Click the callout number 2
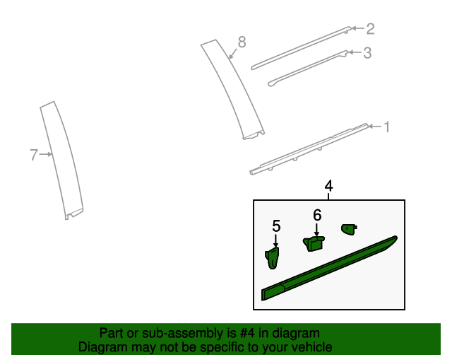pos(370,29)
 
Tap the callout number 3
pos(367,53)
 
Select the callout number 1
pos(387,127)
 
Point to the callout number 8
pos(242,42)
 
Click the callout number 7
pos(34,155)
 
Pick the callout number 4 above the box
pos(328,186)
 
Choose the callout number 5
pos(276,226)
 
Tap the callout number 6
pos(317,216)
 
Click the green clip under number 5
pos(272,258)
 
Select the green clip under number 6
pos(314,244)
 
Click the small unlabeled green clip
pos(349,229)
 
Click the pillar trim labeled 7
pos(61,160)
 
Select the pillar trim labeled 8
pos(232,90)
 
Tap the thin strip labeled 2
pos(302,48)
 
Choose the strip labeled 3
pos(308,69)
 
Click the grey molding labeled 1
pos(309,149)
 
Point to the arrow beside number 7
pos(45,154)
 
